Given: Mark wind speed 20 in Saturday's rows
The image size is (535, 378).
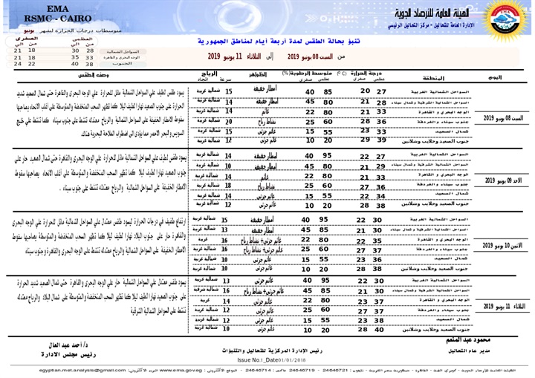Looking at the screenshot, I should point(227,119).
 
